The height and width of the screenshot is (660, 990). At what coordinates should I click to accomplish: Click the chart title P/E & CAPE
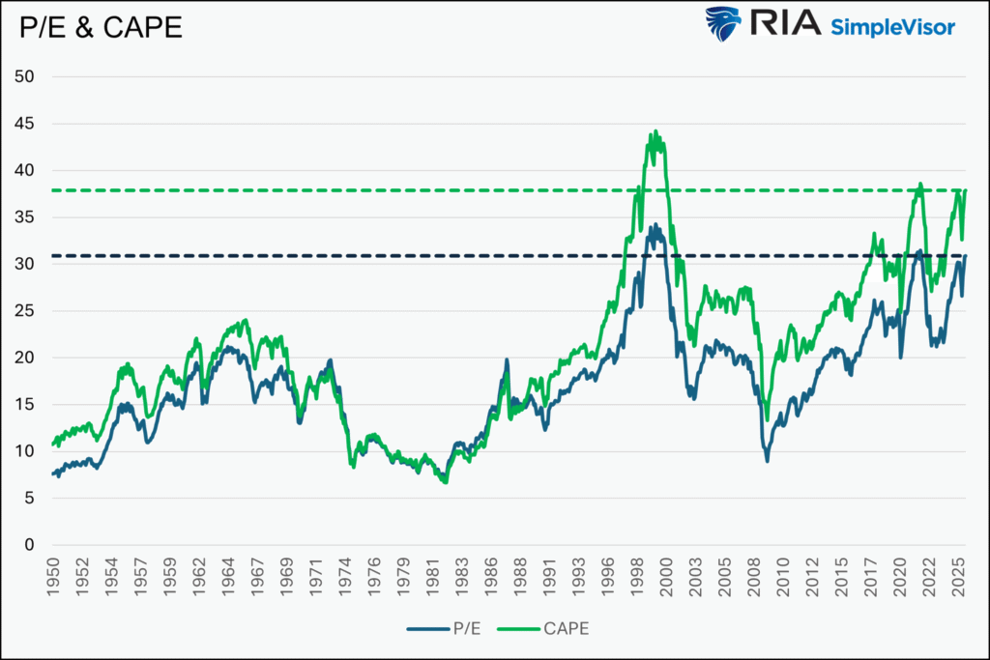[x=101, y=28]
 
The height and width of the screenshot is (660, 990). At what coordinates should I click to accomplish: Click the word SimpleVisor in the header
[x=892, y=27]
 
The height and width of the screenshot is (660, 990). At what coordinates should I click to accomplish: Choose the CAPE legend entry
[x=542, y=628]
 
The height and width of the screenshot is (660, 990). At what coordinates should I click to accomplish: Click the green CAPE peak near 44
[x=655, y=132]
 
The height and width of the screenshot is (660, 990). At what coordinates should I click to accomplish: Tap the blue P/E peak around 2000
[x=655, y=225]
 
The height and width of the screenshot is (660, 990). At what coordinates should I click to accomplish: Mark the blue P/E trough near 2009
[x=768, y=460]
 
